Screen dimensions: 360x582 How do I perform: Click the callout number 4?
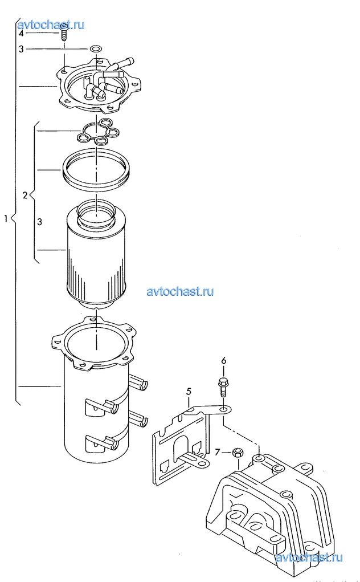tap(21, 34)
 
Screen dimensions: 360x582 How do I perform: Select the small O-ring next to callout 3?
tap(95, 48)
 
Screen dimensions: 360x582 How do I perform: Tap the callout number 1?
tap(6, 218)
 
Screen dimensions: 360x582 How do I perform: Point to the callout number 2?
tap(25, 195)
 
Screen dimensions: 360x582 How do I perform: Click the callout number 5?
tap(189, 391)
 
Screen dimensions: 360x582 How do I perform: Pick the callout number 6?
tap(223, 360)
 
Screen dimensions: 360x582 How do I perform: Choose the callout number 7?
tap(218, 451)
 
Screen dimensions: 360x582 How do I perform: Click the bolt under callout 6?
tap(223, 386)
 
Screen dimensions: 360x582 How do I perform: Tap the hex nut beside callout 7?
tap(238, 453)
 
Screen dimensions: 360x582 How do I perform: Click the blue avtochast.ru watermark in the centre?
tap(180, 291)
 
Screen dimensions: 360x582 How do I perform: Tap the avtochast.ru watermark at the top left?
tap(51, 25)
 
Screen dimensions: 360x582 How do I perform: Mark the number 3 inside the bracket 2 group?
tap(40, 222)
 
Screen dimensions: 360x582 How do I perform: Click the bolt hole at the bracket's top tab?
tap(223, 409)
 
